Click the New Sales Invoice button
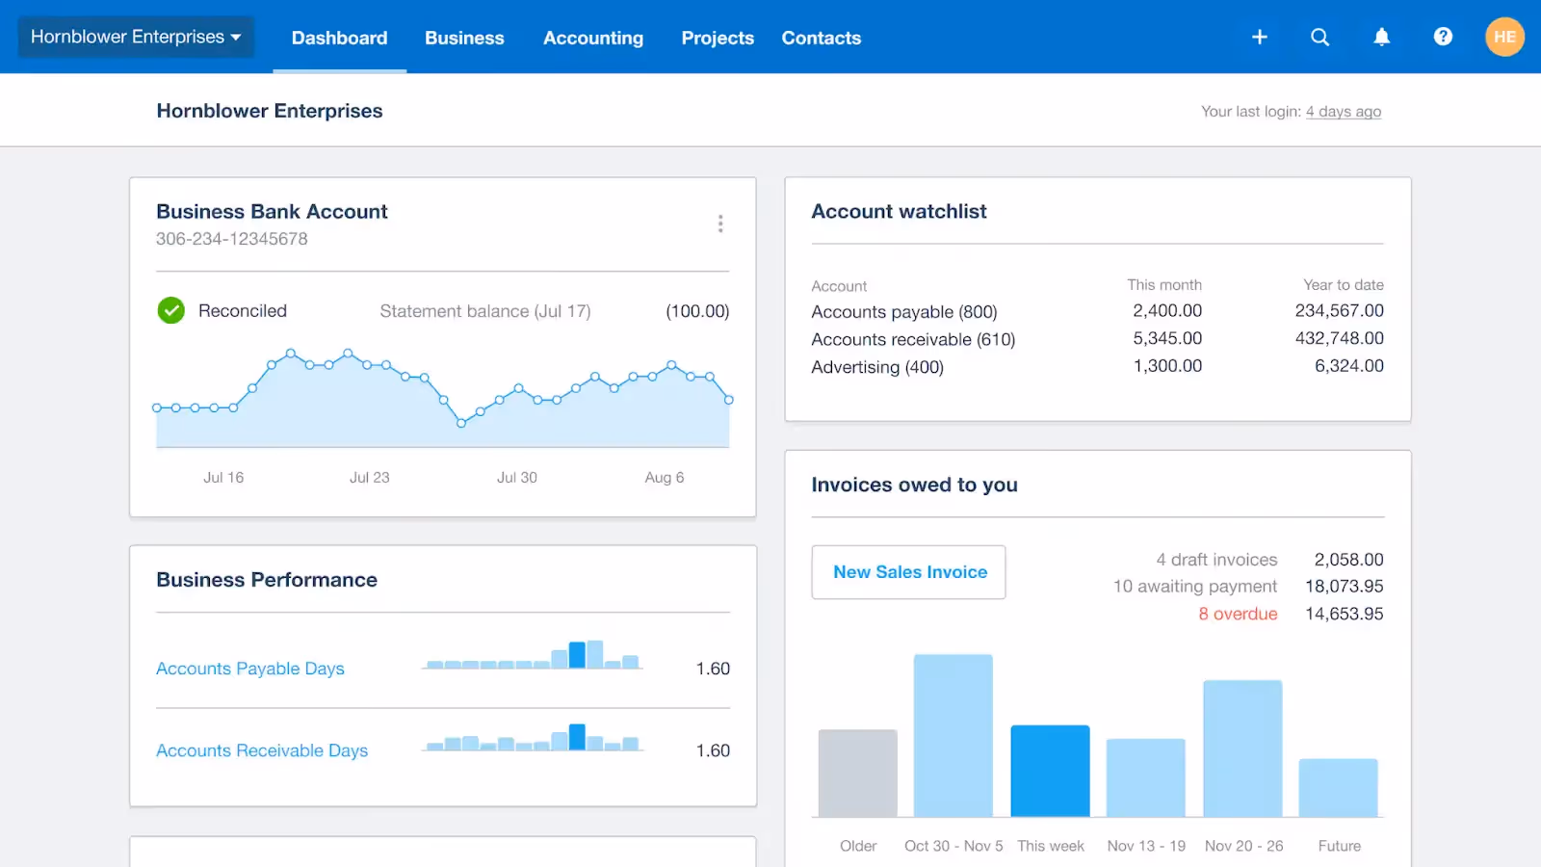coord(908,572)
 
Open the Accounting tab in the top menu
coord(592,38)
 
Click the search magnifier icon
coord(1319,37)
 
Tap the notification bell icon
coord(1381,37)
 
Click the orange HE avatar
coord(1504,37)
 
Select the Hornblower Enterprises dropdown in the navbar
coord(136,37)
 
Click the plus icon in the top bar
coord(1259,37)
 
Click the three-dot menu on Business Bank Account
coord(720,223)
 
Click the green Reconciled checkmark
coord(171,310)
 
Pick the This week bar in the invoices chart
coord(1050,771)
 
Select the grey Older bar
coord(857,773)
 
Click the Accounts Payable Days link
coord(250,669)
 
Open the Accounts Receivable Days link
coord(262,750)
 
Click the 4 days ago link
coord(1343,112)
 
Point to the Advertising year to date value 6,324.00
coord(1348,366)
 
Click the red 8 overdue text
coord(1238,614)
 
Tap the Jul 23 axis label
coord(370,477)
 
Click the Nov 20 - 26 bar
coord(1242,749)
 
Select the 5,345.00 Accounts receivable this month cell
coord(1167,338)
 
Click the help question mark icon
coord(1443,37)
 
